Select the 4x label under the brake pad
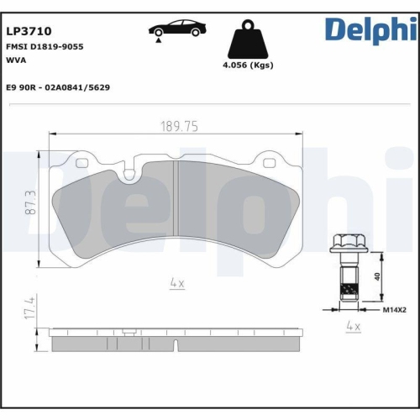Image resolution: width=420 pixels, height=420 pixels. pyautogui.click(x=176, y=284)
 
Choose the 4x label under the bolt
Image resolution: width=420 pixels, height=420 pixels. pyautogui.click(x=354, y=325)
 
